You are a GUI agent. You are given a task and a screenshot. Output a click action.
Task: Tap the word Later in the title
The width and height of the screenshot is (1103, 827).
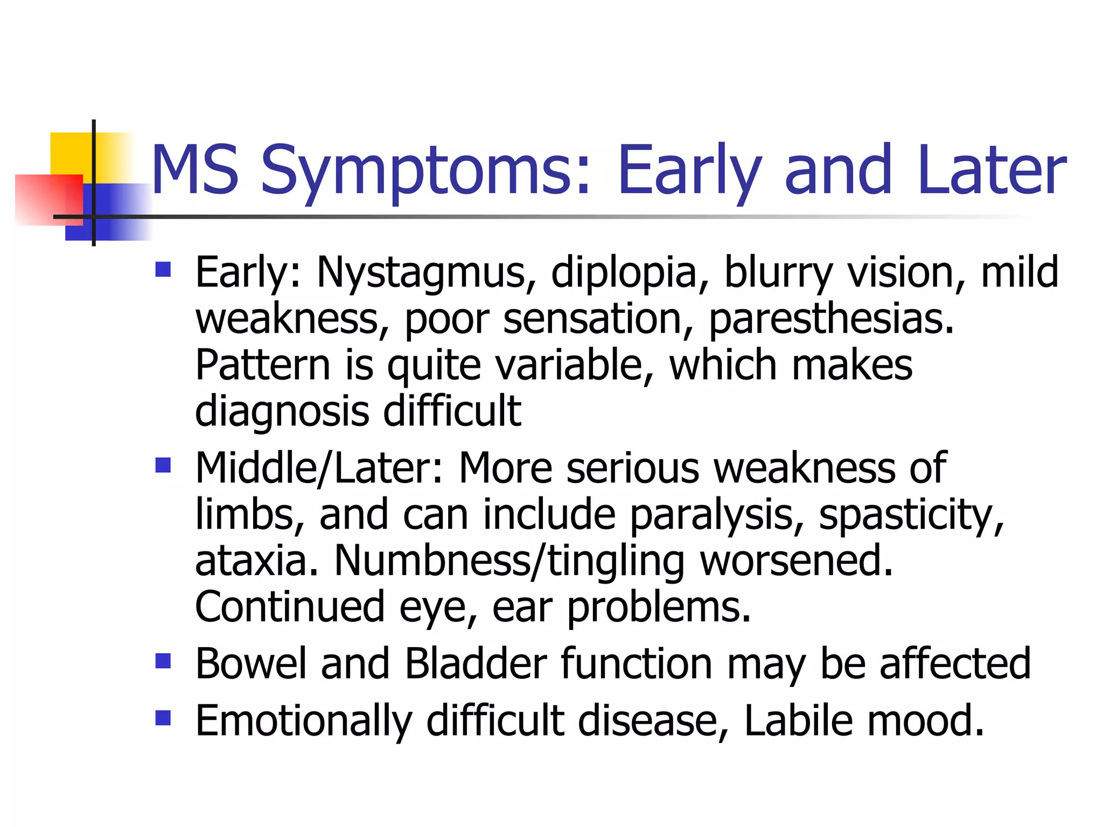coord(992,171)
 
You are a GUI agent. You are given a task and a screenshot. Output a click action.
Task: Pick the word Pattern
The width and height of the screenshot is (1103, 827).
coord(262,366)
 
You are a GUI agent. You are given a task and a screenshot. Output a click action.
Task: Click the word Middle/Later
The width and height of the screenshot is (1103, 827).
coord(320,468)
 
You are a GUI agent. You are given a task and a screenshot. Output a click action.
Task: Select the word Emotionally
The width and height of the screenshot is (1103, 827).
coord(304,721)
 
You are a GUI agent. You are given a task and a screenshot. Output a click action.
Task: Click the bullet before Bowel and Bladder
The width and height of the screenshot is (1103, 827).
coord(163,661)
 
